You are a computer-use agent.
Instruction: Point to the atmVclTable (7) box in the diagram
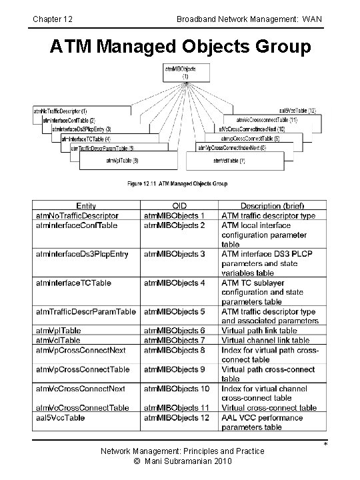click(229, 161)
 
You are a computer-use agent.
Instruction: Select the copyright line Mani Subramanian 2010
click(182, 462)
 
